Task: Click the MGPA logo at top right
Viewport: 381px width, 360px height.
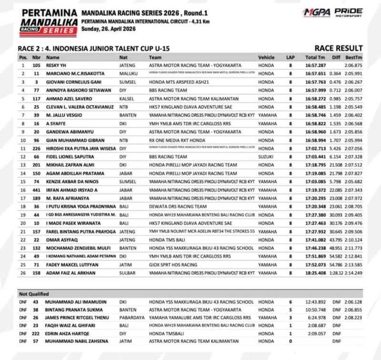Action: [x=318, y=12]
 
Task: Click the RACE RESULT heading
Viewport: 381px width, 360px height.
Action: [x=339, y=48]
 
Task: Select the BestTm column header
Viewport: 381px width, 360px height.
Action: [x=355, y=57]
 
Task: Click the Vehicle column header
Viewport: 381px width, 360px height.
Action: [x=267, y=57]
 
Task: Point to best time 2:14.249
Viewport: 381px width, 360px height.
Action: [x=355, y=273]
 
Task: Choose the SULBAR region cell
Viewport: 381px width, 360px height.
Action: [x=126, y=273]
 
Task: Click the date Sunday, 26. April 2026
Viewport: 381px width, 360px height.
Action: [x=109, y=29]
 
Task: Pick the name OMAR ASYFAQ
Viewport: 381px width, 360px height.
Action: [x=61, y=240]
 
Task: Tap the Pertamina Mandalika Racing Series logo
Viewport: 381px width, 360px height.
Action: [x=43, y=20]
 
